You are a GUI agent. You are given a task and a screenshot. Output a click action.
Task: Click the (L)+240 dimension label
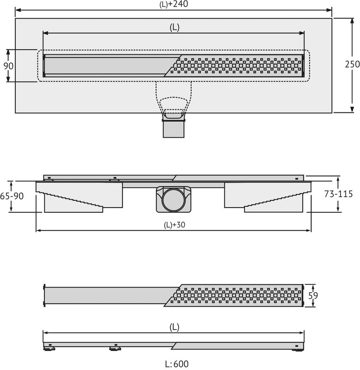point(174,4)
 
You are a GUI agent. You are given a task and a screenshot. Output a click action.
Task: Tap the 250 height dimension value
point(352,64)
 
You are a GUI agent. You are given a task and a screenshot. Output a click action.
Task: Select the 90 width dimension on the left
point(8,66)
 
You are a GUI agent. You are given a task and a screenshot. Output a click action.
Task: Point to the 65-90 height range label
point(12,196)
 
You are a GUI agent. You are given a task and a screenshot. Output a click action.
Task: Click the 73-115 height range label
point(338,194)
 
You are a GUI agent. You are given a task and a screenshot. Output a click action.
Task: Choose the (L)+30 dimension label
point(174,225)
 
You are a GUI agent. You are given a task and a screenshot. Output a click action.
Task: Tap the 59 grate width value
point(313,296)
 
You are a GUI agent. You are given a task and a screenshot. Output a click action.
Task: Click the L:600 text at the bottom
point(177,364)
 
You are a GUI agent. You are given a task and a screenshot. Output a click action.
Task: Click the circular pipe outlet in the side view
point(174,200)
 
